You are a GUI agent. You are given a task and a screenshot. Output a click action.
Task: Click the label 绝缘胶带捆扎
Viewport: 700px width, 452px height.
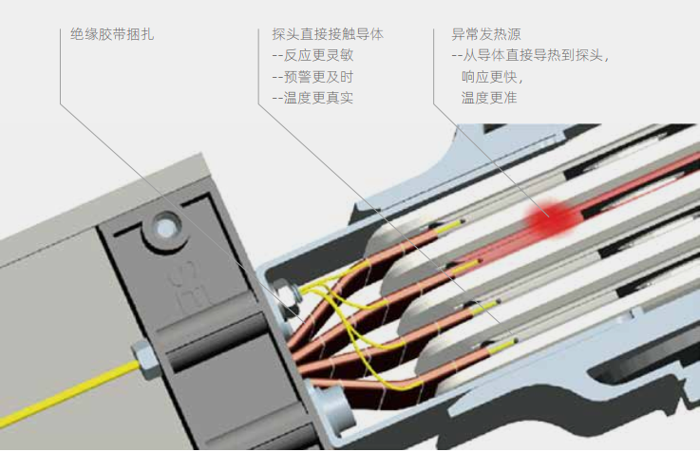pos(112,34)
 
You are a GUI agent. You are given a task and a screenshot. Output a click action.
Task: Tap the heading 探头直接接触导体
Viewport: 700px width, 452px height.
pos(328,34)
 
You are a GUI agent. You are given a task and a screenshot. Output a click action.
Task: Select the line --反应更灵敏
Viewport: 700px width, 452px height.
pos(312,55)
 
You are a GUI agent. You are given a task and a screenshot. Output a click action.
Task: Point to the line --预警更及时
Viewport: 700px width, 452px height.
pos(312,77)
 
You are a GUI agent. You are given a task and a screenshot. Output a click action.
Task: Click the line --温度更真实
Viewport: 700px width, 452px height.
pos(312,98)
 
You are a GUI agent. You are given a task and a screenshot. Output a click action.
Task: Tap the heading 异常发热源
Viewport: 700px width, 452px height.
pos(486,34)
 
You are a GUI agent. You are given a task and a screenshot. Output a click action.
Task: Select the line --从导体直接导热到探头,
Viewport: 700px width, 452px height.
pos(531,55)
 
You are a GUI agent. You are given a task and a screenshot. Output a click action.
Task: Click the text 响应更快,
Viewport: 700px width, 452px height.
pos(492,77)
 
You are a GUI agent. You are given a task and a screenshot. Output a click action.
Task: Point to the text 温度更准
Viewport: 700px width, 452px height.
pos(489,98)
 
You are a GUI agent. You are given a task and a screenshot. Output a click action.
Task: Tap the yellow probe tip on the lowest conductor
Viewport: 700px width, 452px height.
pos(502,346)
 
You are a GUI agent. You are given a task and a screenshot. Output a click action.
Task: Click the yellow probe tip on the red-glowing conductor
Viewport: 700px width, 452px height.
pos(465,267)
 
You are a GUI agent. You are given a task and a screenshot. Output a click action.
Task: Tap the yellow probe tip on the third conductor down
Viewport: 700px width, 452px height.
pos(483,307)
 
